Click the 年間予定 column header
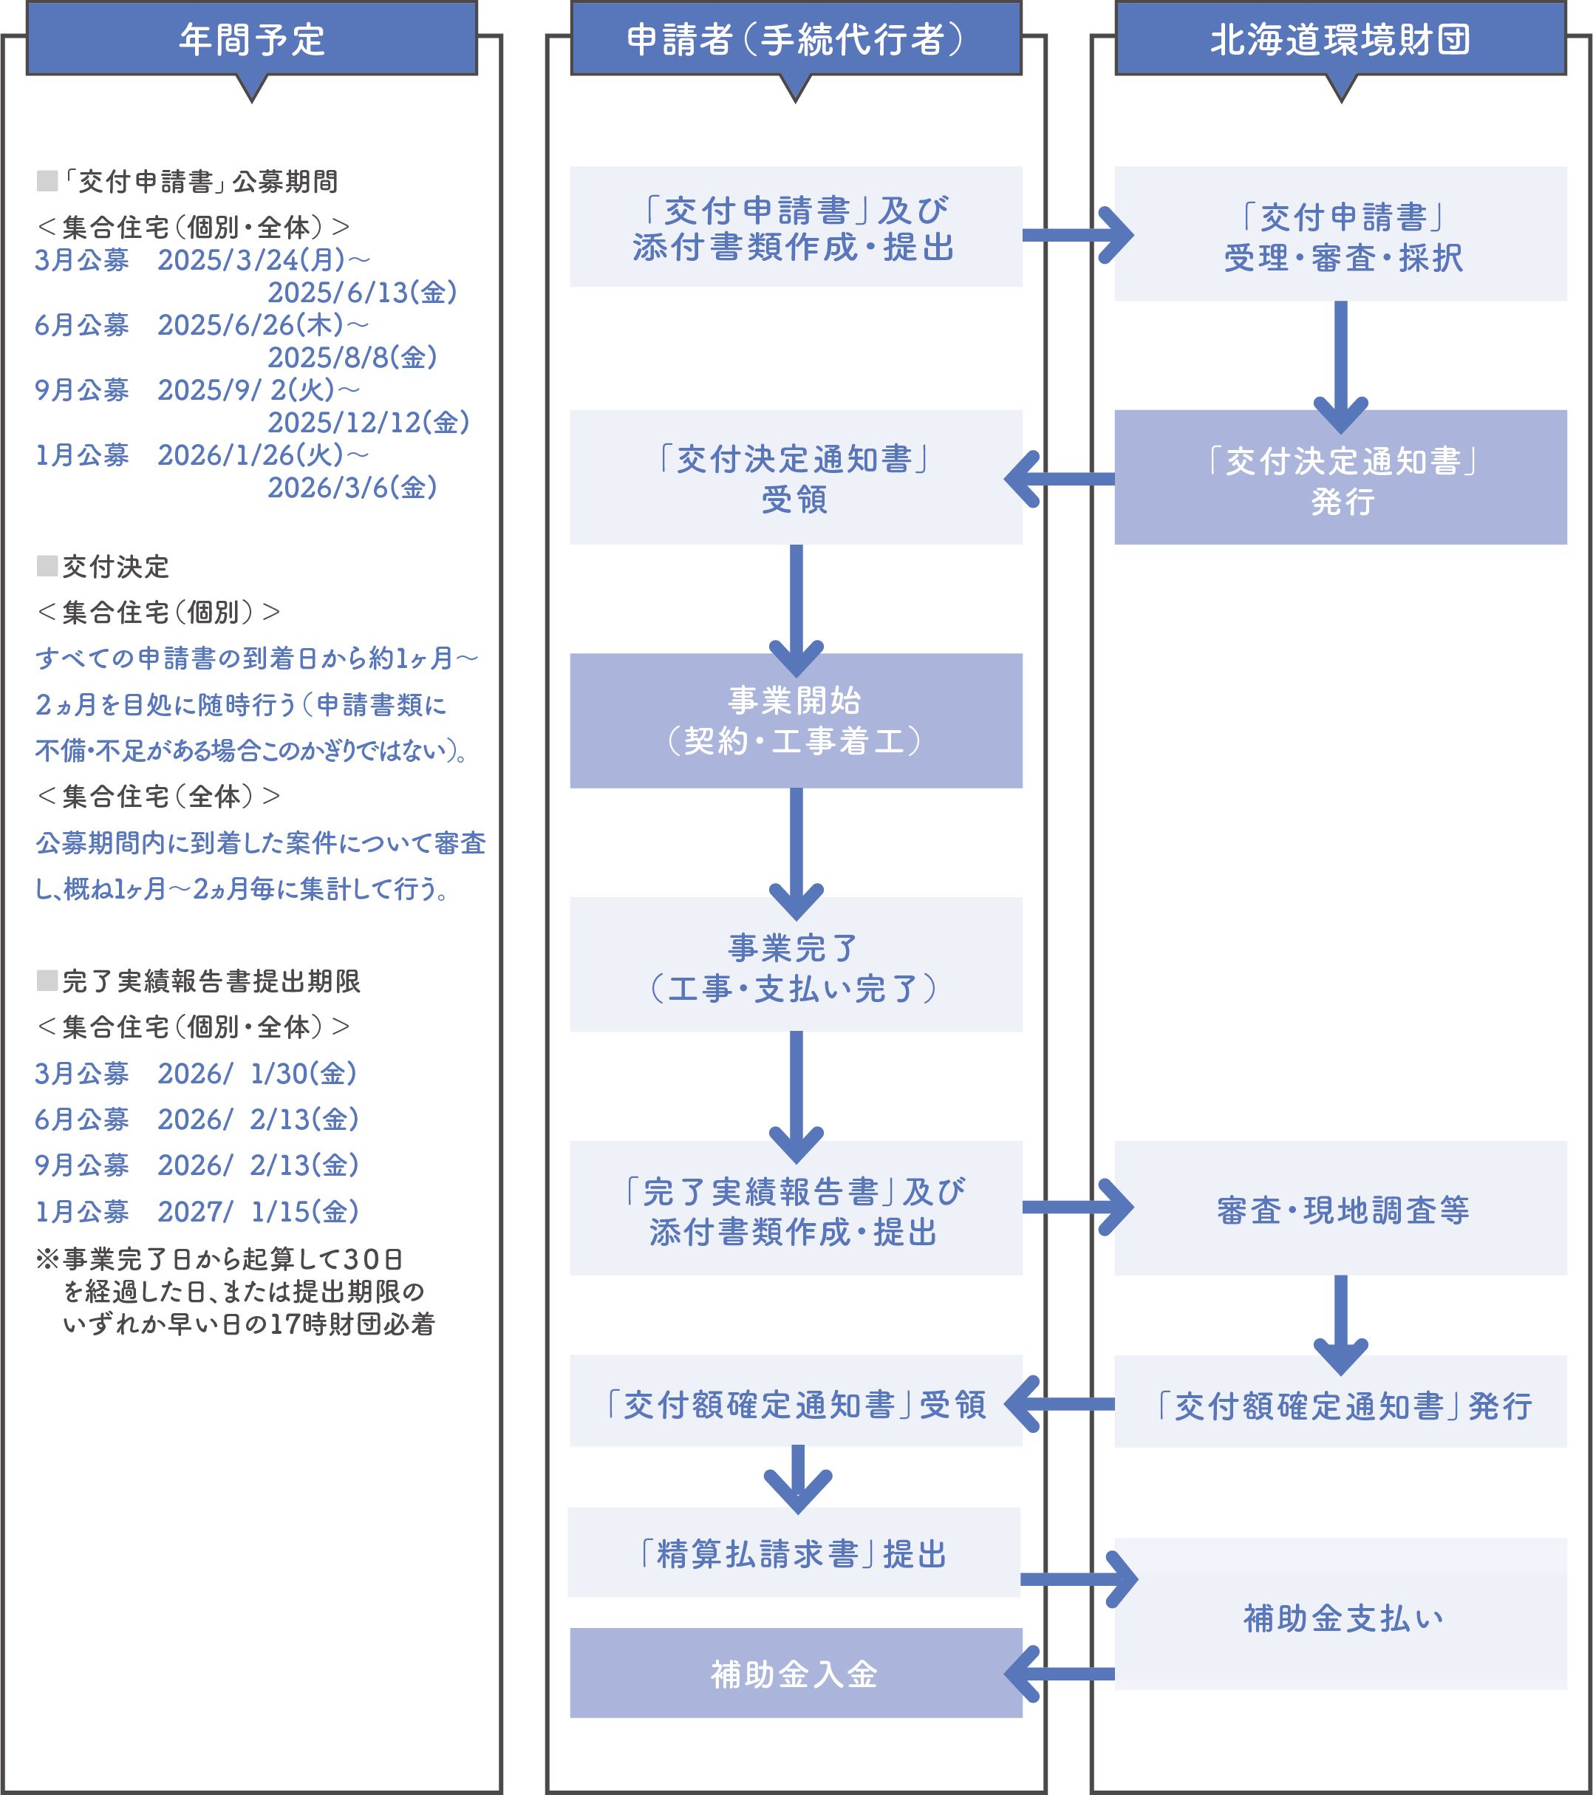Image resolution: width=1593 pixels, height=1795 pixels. click(251, 39)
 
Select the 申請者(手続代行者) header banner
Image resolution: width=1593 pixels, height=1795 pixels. click(796, 39)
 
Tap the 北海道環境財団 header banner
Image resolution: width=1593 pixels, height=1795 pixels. click(1340, 39)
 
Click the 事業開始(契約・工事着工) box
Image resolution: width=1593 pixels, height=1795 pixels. click(796, 720)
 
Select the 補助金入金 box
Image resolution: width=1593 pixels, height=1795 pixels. click(796, 1673)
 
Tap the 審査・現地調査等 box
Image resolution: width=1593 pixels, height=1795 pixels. click(1340, 1208)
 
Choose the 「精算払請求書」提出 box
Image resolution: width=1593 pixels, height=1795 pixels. click(794, 1553)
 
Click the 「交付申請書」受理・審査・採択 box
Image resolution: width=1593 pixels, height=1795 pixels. click(1340, 234)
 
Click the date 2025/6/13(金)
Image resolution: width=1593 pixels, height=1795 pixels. click(362, 293)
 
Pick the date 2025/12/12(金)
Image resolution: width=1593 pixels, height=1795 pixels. click(368, 423)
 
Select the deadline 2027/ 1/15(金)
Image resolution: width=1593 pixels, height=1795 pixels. click(258, 1211)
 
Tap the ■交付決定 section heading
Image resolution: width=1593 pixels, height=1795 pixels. click(103, 566)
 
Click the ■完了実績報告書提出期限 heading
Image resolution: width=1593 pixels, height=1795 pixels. click(199, 981)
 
